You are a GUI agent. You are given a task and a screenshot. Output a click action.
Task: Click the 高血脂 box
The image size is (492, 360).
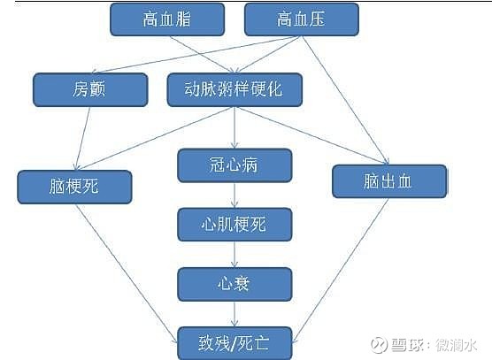coord(167,19)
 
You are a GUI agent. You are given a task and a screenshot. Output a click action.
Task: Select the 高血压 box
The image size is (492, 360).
coord(302,19)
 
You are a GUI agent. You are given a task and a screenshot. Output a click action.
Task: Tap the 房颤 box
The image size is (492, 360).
coord(90,90)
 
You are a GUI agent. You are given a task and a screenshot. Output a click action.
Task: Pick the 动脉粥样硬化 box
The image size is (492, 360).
coord(234,90)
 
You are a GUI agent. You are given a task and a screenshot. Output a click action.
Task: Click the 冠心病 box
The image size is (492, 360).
coord(234,165)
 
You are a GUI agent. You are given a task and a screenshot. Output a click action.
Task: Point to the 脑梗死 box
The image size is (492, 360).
coord(74,188)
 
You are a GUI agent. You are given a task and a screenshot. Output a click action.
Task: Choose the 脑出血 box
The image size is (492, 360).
coord(389,181)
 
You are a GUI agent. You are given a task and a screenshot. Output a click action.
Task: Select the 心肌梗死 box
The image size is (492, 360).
coord(234,225)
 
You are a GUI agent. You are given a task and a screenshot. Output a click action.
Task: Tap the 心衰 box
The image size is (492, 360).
coord(234,285)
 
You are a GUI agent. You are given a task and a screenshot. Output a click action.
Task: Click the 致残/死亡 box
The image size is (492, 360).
coord(234,343)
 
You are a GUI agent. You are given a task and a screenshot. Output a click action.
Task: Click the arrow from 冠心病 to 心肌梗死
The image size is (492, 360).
coord(234,195)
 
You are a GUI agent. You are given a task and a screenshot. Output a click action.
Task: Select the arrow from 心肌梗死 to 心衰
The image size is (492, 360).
coord(234,255)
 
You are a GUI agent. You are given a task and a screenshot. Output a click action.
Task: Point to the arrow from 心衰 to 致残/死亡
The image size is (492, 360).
coord(234,314)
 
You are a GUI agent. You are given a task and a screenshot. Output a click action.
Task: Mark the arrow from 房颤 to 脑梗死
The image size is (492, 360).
coord(83,139)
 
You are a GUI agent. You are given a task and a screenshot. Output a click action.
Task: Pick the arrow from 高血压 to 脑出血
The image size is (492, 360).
coord(345,100)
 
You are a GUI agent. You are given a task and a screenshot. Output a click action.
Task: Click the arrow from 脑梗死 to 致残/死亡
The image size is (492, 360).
coord(127,273)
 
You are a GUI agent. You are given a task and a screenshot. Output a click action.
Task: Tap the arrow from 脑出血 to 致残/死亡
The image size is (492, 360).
coord(341,271)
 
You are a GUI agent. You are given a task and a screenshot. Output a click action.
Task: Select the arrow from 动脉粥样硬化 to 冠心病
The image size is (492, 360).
coord(234,127)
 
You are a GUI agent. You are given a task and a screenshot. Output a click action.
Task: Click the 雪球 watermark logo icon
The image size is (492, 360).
coord(379,345)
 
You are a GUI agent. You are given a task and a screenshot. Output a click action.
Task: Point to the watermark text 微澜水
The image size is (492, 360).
coord(457,345)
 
